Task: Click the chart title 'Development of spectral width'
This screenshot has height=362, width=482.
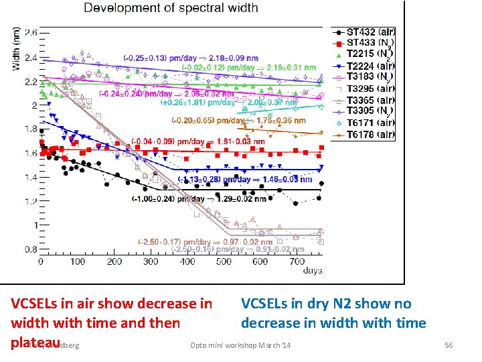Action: [171, 8]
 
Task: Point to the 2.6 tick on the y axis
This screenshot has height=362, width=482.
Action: [30, 33]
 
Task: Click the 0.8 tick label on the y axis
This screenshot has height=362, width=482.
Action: [30, 249]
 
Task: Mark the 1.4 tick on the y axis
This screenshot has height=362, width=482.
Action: [30, 178]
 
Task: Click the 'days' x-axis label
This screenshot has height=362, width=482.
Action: [311, 271]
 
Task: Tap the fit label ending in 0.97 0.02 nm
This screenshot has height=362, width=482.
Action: [205, 241]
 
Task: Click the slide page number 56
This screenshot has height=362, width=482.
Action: [449, 345]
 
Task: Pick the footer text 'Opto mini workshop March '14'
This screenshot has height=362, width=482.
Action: [240, 345]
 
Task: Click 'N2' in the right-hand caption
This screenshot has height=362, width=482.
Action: [339, 304]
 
